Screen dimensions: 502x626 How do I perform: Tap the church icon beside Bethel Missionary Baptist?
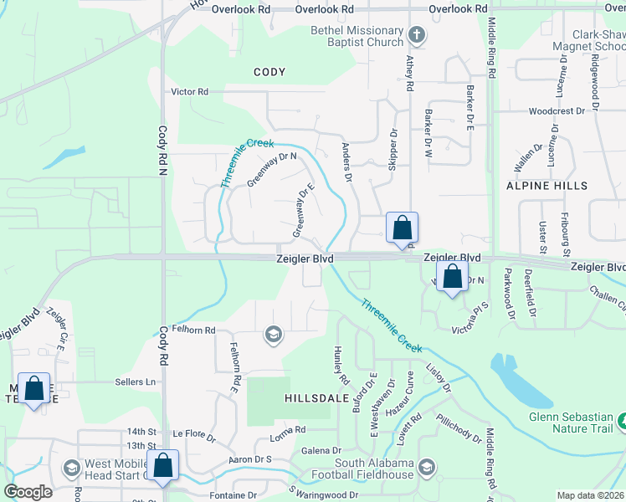pyautogui.click(x=417, y=35)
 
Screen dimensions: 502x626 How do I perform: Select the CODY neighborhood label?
pyautogui.click(x=270, y=73)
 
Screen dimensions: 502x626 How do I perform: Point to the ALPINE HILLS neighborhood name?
pyautogui.click(x=547, y=185)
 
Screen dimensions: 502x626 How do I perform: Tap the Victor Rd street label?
pyautogui.click(x=190, y=91)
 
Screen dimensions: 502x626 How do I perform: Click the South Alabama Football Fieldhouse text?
pyautogui.click(x=374, y=469)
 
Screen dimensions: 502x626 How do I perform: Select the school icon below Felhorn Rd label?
pyautogui.click(x=272, y=336)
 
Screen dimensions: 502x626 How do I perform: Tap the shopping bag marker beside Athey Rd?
pyautogui.click(x=402, y=228)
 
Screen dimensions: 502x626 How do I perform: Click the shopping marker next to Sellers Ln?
pyautogui.click(x=34, y=389)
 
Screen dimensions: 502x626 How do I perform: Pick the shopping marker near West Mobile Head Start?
pyautogui.click(x=164, y=465)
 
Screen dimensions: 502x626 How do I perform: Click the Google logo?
pyautogui.click(x=28, y=492)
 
